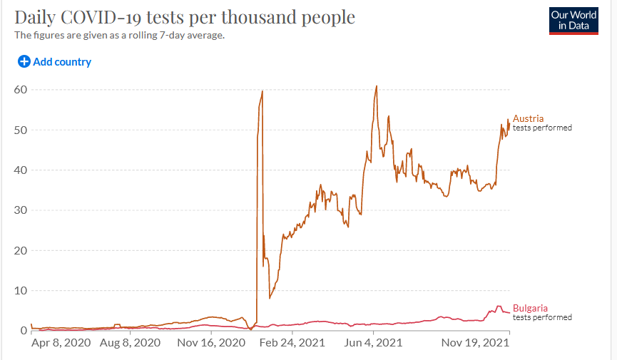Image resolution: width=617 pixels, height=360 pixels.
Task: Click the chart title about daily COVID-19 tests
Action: pyautogui.click(x=185, y=17)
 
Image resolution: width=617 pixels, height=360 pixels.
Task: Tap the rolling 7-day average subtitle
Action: pyautogui.click(x=120, y=35)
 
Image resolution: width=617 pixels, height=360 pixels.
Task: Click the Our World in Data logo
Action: pyautogui.click(x=573, y=21)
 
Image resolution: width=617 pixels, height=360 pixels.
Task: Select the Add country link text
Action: pyautogui.click(x=62, y=62)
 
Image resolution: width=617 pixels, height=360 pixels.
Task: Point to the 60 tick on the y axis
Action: pyautogui.click(x=21, y=90)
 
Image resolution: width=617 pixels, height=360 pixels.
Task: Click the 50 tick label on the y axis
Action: pyautogui.click(x=21, y=130)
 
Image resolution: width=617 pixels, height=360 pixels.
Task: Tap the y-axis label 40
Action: pyautogui.click(x=21, y=170)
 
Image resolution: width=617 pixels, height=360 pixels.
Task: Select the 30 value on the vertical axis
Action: pyautogui.click(x=21, y=210)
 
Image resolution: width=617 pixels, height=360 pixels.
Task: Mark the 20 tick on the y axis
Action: pyautogui.click(x=21, y=251)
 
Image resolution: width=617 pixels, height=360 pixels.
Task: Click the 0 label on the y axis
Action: pyautogui.click(x=24, y=331)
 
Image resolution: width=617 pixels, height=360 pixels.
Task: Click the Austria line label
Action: pyautogui.click(x=529, y=118)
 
